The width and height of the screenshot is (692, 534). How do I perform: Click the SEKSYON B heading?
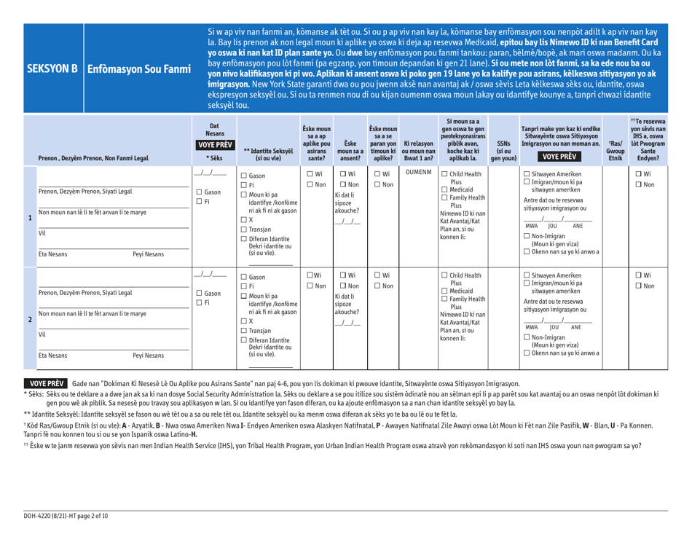tap(52, 71)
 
